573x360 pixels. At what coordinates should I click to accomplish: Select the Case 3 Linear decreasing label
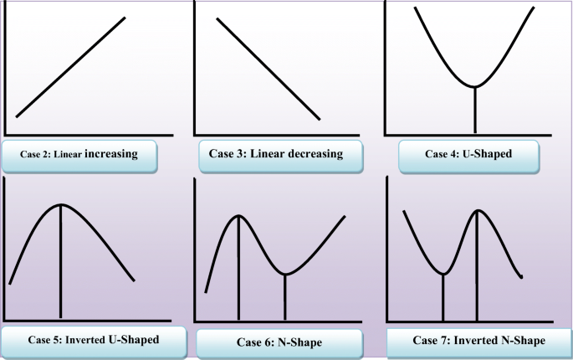pyautogui.click(x=276, y=154)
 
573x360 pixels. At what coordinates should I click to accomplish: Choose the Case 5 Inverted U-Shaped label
pyautogui.click(x=93, y=340)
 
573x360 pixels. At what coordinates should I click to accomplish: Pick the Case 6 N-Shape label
pyautogui.click(x=279, y=342)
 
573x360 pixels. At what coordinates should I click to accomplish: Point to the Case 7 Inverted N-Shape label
pyautogui.click(x=479, y=341)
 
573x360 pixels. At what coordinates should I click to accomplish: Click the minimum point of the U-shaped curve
pyautogui.click(x=474, y=86)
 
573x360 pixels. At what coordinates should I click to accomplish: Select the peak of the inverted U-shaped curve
pyautogui.click(x=60, y=205)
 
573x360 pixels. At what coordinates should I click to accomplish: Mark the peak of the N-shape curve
pyautogui.click(x=239, y=216)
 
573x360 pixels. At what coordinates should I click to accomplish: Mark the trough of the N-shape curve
pyautogui.click(x=285, y=274)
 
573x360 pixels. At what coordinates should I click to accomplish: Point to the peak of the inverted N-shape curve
pyautogui.click(x=478, y=209)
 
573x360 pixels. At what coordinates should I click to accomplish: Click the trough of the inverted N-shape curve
pyautogui.click(x=443, y=274)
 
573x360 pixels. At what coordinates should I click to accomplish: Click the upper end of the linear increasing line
pyautogui.click(x=125, y=18)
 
